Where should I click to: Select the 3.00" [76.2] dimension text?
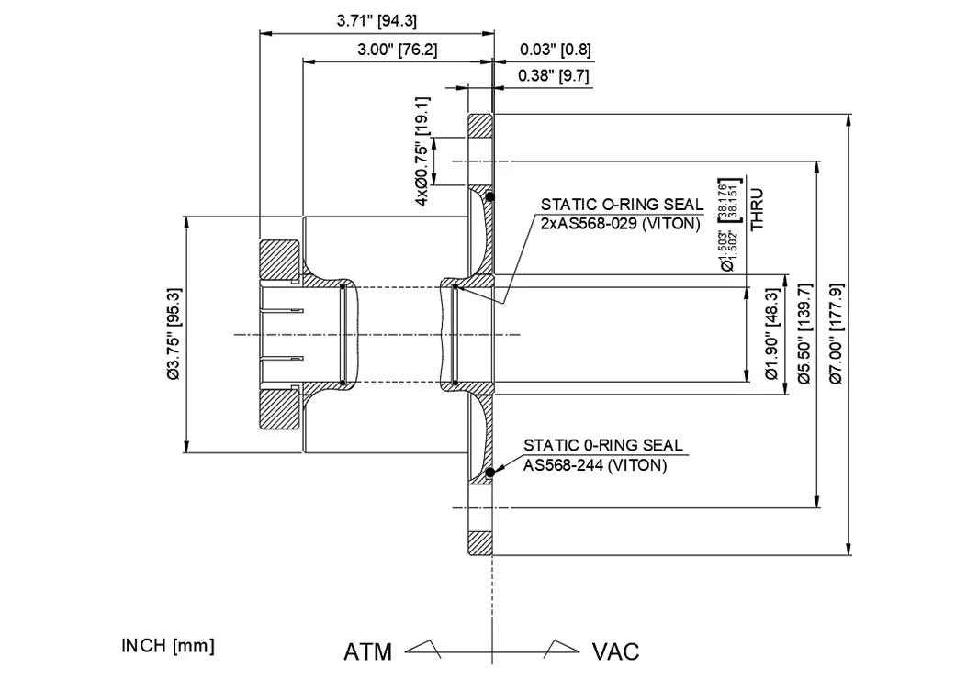(397, 50)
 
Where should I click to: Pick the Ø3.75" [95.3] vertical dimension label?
(172, 334)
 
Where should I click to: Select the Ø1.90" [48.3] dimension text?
(771, 334)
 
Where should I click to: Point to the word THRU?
(757, 209)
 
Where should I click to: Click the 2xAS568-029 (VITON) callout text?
(620, 223)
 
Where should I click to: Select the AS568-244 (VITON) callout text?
(595, 464)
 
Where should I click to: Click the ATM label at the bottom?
(367, 651)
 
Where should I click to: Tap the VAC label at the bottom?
(615, 651)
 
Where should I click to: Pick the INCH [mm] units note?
(168, 645)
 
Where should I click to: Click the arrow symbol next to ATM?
(423, 649)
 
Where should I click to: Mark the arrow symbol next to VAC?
(560, 649)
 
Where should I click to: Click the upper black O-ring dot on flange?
(491, 196)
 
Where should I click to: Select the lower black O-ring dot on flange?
(491, 473)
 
